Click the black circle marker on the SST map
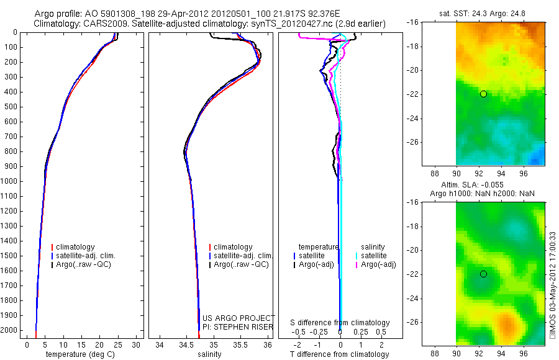pyautogui.click(x=483, y=94)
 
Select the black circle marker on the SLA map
pyautogui.click(x=483, y=274)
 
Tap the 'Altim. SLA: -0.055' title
pyautogui.click(x=483, y=185)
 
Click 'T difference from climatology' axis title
pyautogui.click(x=339, y=354)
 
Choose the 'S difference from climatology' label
pyautogui.click(x=340, y=323)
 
